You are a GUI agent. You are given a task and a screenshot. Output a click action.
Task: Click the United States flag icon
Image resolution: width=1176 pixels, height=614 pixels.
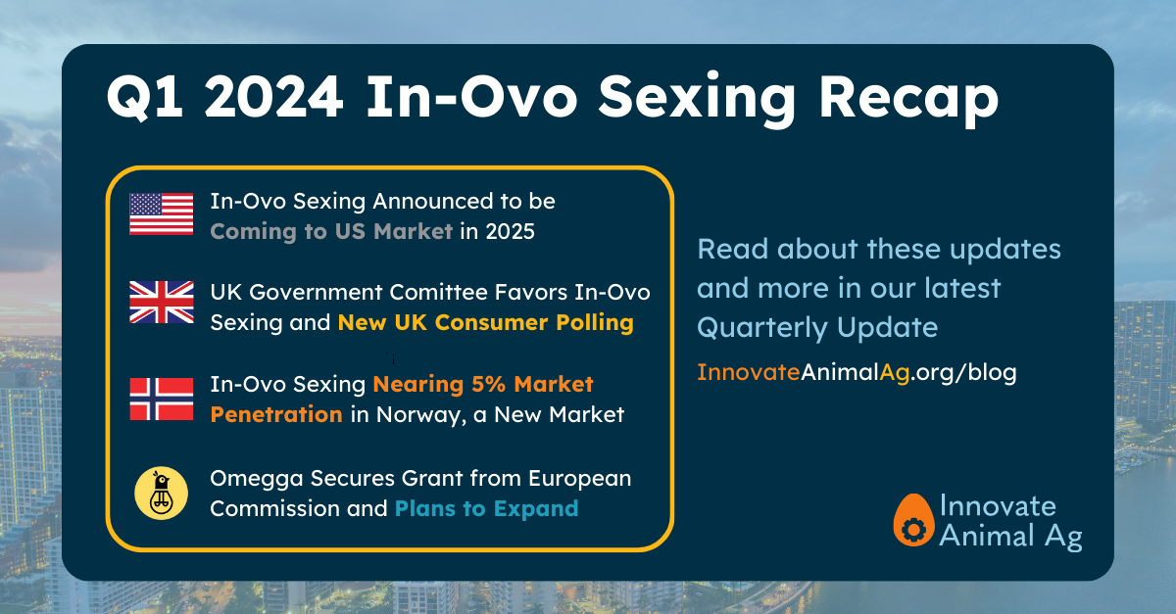click(161, 213)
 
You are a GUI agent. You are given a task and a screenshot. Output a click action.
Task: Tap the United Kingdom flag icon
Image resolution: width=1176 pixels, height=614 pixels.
click(161, 302)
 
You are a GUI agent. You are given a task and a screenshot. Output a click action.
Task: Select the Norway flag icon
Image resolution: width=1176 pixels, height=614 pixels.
click(161, 399)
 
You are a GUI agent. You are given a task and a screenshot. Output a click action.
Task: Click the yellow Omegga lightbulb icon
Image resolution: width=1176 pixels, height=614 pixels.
click(161, 494)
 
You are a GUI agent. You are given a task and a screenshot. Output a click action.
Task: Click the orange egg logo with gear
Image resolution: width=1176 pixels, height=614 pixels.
click(913, 520)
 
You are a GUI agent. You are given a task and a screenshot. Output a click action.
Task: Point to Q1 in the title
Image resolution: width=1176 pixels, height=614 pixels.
click(145, 98)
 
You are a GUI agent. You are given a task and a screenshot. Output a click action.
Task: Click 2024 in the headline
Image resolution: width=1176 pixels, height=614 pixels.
click(273, 97)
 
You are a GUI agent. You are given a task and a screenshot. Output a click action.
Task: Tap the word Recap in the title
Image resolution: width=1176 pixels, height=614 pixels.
click(908, 101)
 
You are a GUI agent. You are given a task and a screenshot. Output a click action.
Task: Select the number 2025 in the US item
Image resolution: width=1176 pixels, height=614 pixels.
click(510, 231)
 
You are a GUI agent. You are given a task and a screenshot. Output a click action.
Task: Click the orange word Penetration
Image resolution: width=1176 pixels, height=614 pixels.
click(276, 414)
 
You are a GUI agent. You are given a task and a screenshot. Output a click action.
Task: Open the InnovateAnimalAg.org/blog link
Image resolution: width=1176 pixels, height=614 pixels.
click(857, 372)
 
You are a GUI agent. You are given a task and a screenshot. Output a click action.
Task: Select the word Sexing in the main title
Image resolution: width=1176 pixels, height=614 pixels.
click(697, 101)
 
